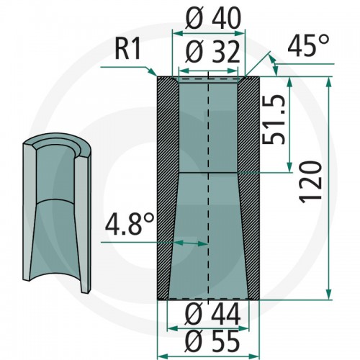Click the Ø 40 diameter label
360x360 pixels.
(x=213, y=19)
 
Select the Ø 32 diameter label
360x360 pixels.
(x=213, y=53)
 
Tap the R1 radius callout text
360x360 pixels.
(x=128, y=49)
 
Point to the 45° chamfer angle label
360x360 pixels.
(x=308, y=45)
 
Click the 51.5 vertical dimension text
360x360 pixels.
(x=274, y=120)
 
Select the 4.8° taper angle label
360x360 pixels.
(x=130, y=225)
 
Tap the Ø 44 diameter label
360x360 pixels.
(x=213, y=315)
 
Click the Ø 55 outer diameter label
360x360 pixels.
(x=213, y=341)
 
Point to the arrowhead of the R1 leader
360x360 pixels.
(x=154, y=73)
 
